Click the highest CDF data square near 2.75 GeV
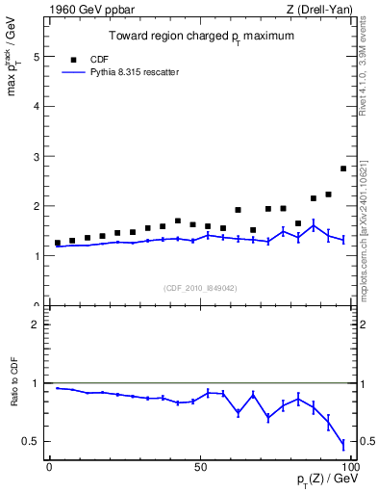coord(343,169)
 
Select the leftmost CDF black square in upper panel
coord(58,243)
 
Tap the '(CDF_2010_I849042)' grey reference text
coord(199,287)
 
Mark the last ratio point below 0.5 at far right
coord(343,444)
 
